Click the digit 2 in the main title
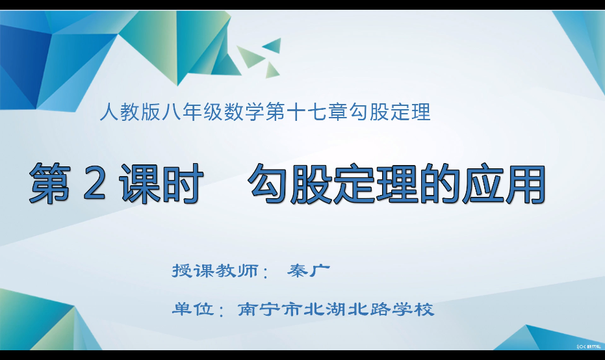point(94,183)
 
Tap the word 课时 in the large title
point(161,183)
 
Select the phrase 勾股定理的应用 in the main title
point(396,184)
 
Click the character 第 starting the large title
point(50,183)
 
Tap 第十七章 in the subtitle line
point(306,112)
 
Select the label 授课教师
point(215,270)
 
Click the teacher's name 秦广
point(309,270)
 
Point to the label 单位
point(193,309)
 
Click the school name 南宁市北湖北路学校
point(336,309)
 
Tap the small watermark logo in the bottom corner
point(589,346)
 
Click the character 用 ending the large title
point(526,184)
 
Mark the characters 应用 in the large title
point(504,184)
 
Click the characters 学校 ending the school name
point(413,309)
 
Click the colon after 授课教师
point(264,272)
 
